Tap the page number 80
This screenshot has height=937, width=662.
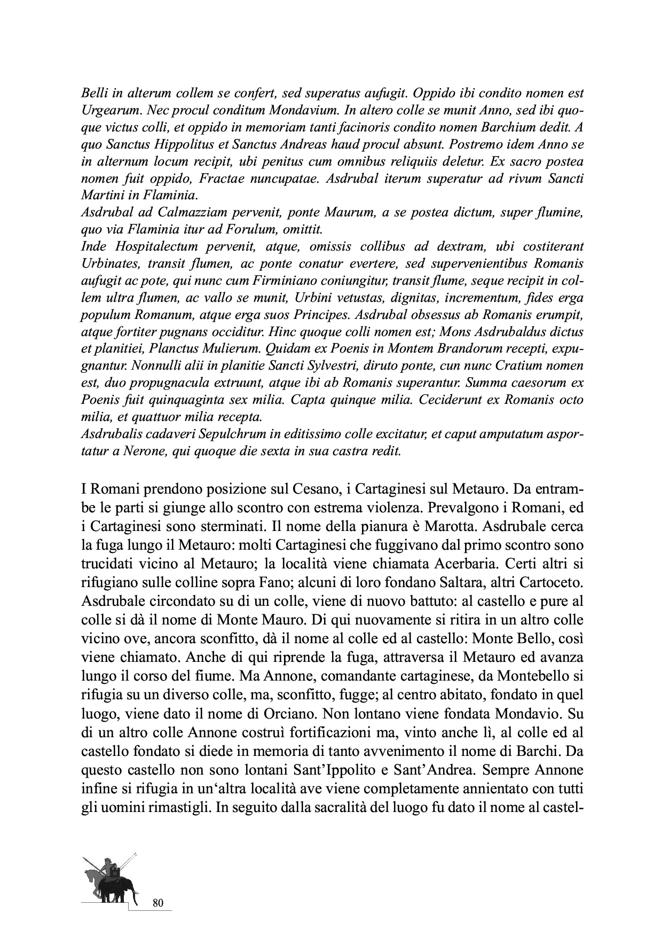157,903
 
